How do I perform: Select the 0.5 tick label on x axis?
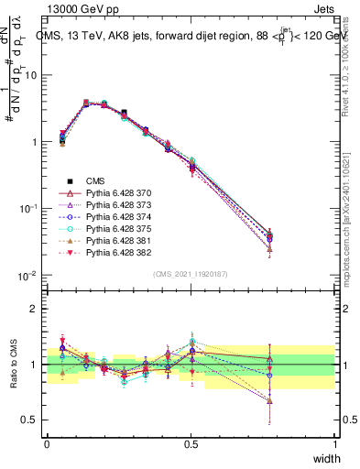(x=191, y=443)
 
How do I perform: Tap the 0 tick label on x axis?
(x=47, y=443)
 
